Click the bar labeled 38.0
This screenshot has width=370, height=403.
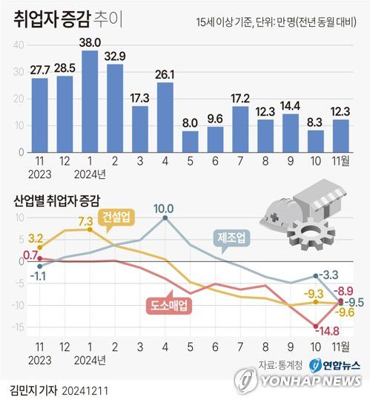90,101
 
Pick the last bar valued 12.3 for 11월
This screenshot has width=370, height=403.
340,135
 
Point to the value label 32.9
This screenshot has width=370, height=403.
115,56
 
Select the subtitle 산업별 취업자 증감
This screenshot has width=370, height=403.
56,200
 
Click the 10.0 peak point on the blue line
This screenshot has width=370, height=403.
165,218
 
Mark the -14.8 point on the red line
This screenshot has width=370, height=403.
316,327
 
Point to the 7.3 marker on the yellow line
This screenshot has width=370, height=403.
90,229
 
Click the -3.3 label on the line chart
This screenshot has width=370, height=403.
329,276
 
